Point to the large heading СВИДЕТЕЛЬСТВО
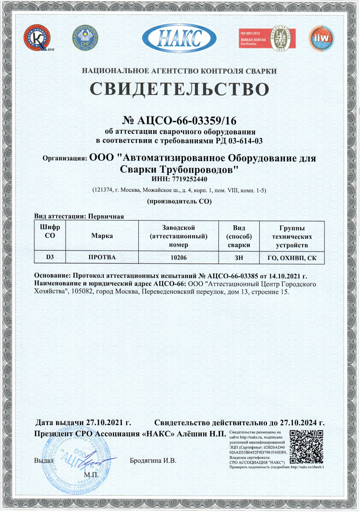coord(180,88)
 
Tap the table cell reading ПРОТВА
coord(102,257)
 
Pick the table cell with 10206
coord(179,257)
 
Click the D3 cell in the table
coord(50,257)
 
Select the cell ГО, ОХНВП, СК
coord(292,257)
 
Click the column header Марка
coord(102,236)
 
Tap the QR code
coord(306,447)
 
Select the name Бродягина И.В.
coord(153,460)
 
